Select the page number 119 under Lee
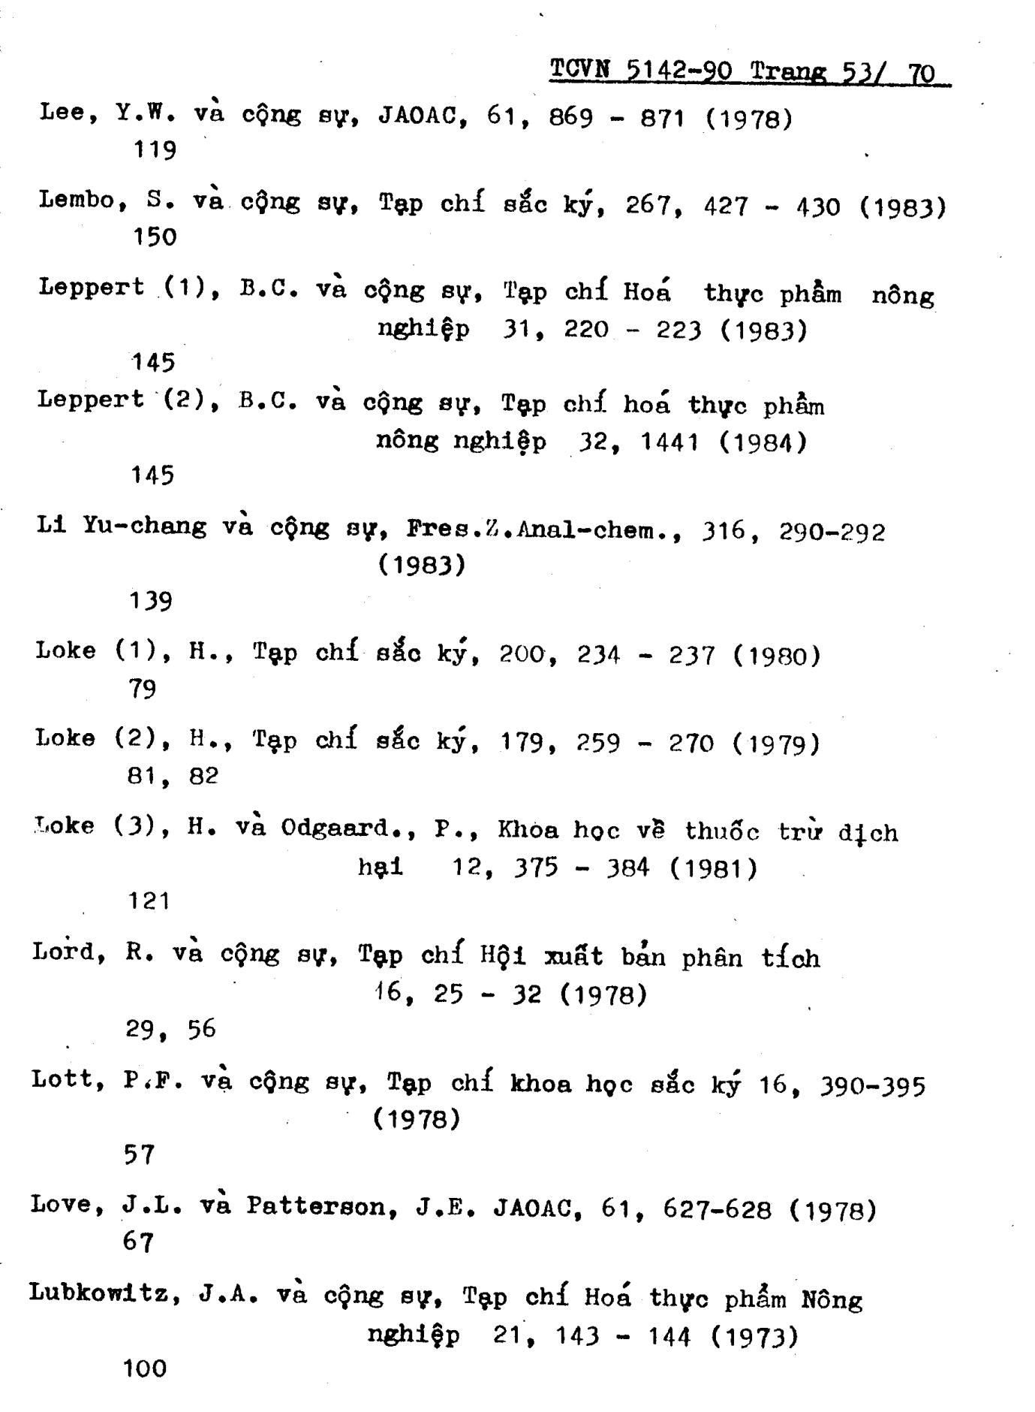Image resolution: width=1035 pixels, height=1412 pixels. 155,150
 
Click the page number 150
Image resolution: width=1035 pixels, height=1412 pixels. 155,237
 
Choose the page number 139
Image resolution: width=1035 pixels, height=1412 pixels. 151,601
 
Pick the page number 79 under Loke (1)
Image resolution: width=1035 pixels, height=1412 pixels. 142,688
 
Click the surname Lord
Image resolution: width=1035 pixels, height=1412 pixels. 62,952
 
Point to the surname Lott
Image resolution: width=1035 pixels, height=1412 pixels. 62,1079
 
